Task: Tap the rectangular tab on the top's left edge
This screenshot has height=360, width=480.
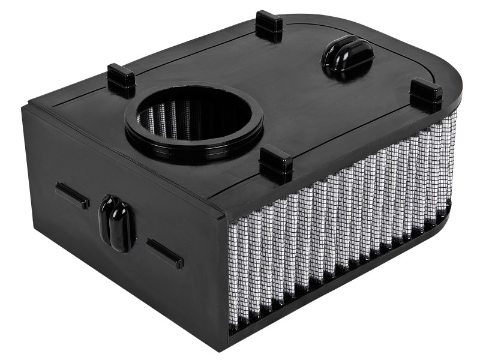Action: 121,79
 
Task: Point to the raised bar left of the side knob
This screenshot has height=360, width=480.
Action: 72,196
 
